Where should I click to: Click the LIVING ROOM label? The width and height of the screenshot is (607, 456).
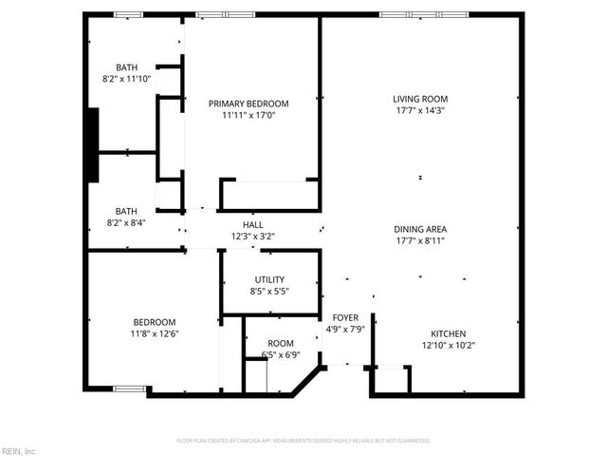(420, 99)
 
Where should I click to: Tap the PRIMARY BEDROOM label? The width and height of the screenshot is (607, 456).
(248, 104)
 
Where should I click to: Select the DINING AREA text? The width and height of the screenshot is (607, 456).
(420, 229)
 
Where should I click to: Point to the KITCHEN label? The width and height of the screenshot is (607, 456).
(449, 333)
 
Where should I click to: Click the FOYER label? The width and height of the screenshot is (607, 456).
(345, 317)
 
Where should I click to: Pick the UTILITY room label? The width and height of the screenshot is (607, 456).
(269, 279)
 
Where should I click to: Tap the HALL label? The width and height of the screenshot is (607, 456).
(252, 225)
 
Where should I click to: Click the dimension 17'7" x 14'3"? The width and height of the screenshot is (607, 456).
(420, 110)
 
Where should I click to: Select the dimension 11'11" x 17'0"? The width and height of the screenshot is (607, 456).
(248, 115)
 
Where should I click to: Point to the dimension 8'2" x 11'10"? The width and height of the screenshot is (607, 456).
(127, 79)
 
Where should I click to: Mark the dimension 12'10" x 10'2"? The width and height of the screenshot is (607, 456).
(449, 345)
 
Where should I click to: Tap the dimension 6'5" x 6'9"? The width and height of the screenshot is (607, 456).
(281, 355)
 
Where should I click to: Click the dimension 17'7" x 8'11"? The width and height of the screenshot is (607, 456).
(420, 240)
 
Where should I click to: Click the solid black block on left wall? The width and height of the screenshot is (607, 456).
(93, 144)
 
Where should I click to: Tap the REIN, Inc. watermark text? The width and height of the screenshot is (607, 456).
(19, 449)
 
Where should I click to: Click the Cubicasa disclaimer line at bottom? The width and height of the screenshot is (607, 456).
(303, 441)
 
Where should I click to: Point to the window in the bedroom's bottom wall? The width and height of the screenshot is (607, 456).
(130, 389)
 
